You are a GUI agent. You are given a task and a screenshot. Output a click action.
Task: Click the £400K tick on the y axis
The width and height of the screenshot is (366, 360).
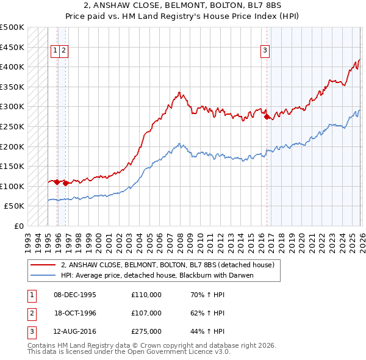[x=12, y=67]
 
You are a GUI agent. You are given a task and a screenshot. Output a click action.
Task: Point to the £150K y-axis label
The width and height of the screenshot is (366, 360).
[x=12, y=166]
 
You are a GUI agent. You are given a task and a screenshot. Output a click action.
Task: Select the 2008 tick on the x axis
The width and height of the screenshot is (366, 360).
[x=179, y=237]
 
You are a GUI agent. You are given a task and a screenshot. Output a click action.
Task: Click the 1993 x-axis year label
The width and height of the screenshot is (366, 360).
[x=27, y=237]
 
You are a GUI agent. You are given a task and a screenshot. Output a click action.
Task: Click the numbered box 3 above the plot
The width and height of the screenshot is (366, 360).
[x=266, y=51]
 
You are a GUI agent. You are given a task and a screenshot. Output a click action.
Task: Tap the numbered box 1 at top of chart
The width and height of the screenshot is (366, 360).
[x=56, y=51]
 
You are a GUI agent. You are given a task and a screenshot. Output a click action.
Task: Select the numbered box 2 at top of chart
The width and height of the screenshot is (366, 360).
[x=64, y=51]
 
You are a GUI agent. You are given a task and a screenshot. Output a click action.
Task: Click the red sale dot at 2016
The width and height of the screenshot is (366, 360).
[x=267, y=117]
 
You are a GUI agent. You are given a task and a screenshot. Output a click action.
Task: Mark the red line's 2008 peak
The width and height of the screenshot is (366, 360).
[x=179, y=93]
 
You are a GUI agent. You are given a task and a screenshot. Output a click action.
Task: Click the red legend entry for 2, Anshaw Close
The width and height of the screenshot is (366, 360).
[x=168, y=265]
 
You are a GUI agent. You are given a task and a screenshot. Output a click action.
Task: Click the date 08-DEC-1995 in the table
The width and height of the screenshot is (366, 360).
[x=75, y=295]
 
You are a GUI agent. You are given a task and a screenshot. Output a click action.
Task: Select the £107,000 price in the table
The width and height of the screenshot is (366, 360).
[x=146, y=313]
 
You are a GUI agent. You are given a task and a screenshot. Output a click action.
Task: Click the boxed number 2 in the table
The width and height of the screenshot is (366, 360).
[x=31, y=313]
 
